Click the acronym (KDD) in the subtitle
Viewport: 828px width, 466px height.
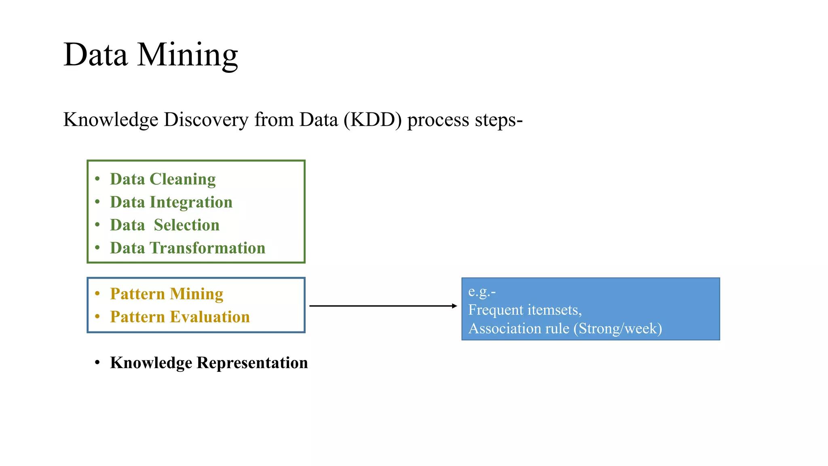point(372,120)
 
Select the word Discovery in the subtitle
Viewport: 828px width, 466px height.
point(206,120)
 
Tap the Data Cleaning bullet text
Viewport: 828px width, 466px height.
point(163,179)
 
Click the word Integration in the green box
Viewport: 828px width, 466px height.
point(191,202)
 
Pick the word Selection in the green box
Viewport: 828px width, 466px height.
point(186,225)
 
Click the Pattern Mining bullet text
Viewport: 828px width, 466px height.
point(166,294)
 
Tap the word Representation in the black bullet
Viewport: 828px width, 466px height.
point(252,363)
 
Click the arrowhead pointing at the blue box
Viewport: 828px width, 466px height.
point(454,306)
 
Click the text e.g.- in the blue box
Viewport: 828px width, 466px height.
point(482,292)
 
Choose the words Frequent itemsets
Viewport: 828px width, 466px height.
point(525,310)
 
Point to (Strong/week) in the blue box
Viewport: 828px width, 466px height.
point(617,328)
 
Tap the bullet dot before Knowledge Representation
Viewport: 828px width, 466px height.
point(97,362)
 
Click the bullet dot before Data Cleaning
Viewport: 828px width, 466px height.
point(97,178)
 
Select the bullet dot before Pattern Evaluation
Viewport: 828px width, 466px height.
point(97,316)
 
